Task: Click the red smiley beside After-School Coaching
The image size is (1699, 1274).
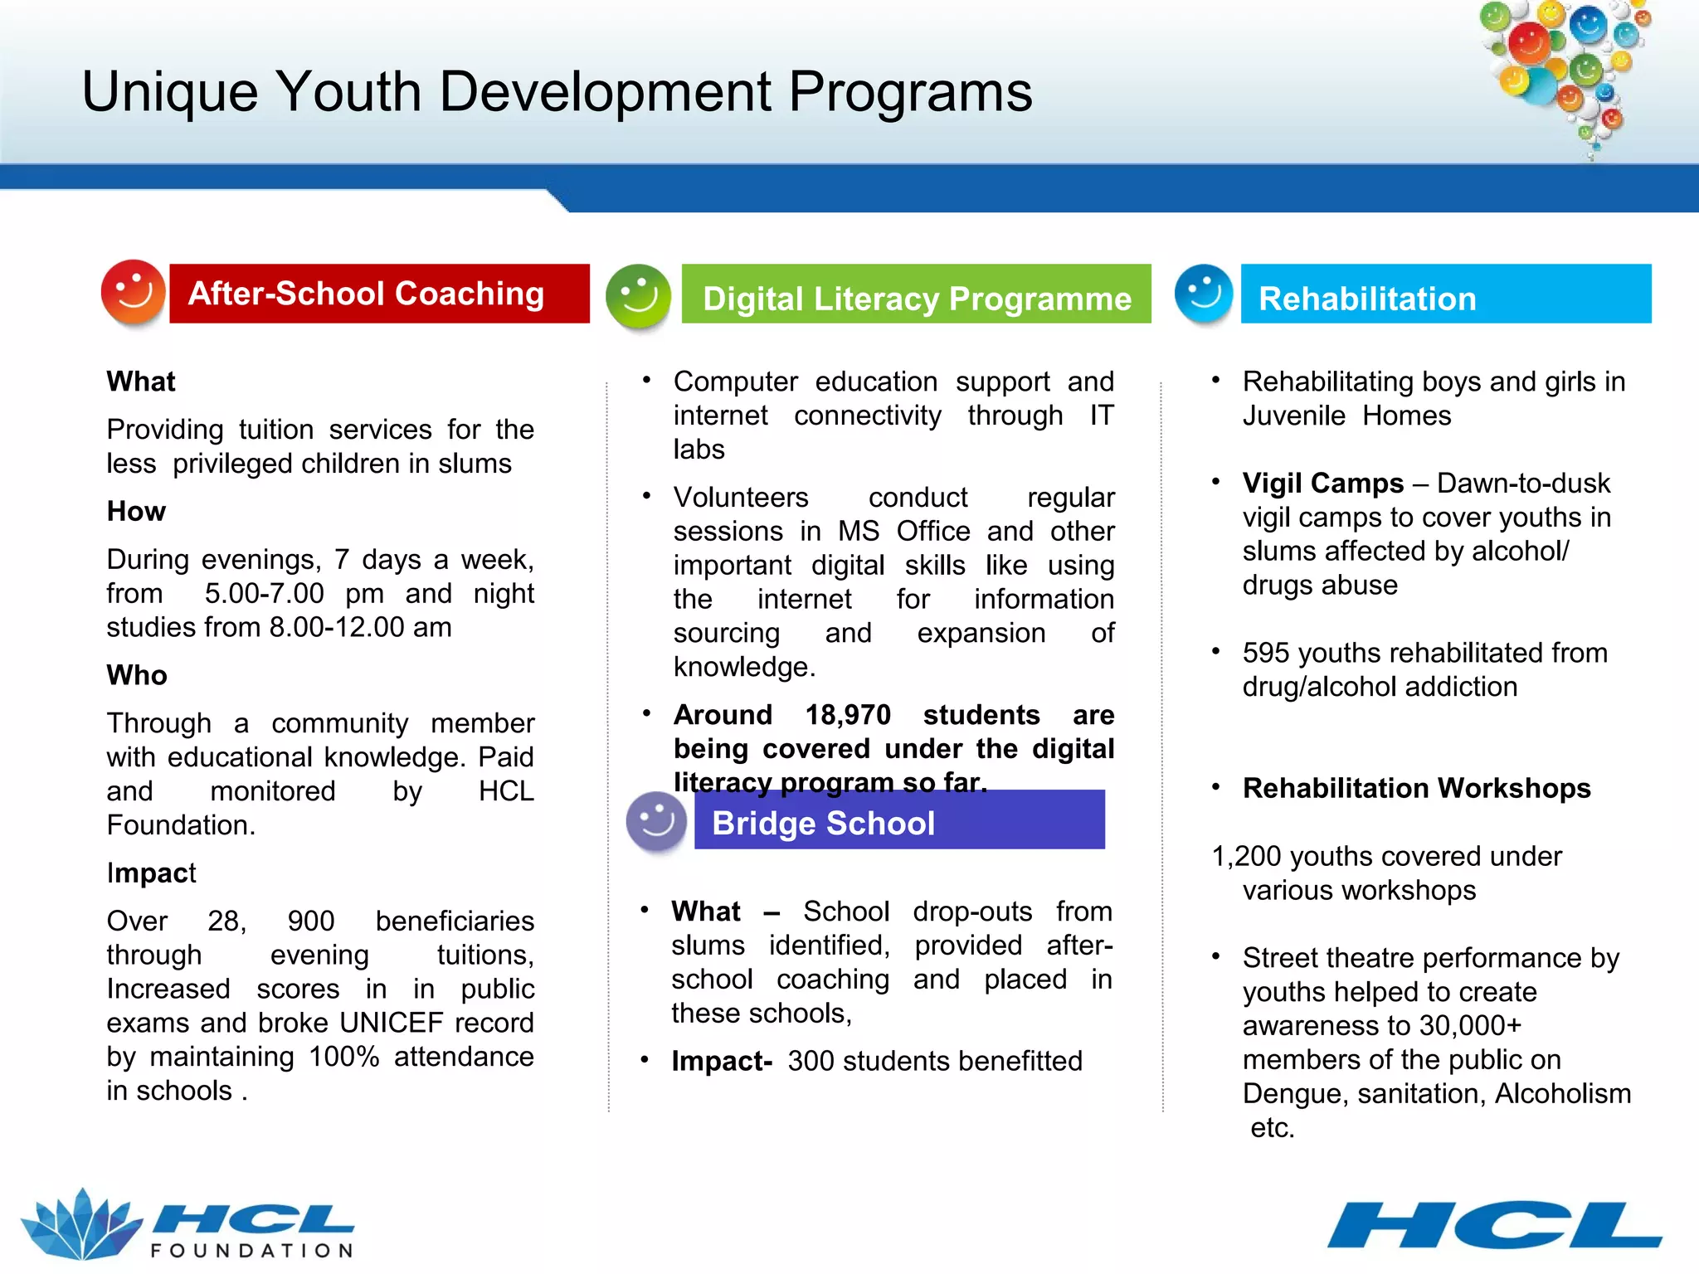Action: point(133,292)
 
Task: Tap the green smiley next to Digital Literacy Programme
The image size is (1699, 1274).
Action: point(638,296)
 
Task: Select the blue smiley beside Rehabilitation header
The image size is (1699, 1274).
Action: point(1204,294)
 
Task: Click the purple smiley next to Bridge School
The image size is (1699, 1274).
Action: point(656,822)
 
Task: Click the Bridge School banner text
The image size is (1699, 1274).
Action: point(823,823)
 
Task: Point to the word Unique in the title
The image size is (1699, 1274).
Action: point(170,91)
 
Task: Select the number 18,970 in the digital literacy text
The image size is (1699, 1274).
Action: point(848,715)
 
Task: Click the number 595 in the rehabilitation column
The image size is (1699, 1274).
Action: point(1266,654)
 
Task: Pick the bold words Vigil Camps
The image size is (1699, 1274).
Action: point(1322,484)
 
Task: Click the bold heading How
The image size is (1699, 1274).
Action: point(136,512)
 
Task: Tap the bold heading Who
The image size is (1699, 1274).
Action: point(137,675)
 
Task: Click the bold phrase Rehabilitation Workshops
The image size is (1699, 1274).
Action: point(1416,788)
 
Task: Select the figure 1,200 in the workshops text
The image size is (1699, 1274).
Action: point(1247,856)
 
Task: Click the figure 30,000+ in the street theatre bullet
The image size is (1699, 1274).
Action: point(1470,1026)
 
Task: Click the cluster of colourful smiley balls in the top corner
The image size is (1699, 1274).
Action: point(1564,71)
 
